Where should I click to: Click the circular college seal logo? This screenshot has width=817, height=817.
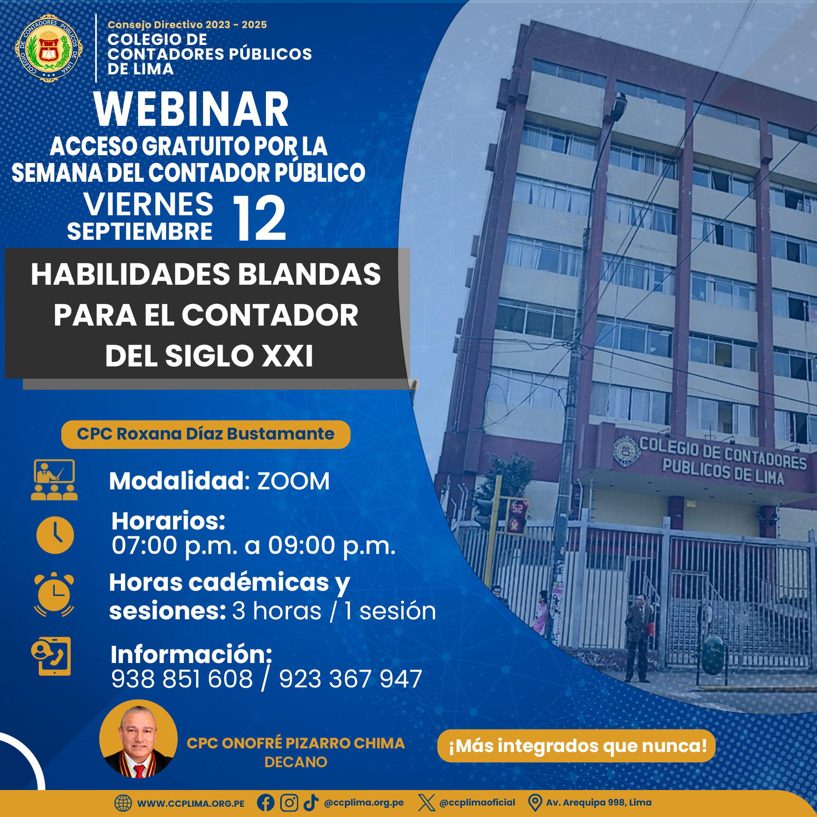click(x=49, y=48)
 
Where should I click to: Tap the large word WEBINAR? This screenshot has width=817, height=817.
click(x=191, y=109)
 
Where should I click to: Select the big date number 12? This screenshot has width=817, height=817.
click(x=260, y=218)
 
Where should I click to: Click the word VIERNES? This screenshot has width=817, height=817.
click(x=148, y=204)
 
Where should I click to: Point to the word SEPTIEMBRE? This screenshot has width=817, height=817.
click(x=140, y=232)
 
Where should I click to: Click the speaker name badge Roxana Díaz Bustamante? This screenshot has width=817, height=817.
click(x=205, y=434)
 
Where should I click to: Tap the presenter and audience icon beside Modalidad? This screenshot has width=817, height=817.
click(x=54, y=480)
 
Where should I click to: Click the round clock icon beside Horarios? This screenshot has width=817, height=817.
click(x=55, y=535)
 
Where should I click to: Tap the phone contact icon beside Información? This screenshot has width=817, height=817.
click(x=51, y=656)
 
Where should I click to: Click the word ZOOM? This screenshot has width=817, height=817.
click(x=293, y=481)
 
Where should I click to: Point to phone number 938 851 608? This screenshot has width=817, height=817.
click(x=182, y=679)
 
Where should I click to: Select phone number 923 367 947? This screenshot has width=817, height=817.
click(x=350, y=679)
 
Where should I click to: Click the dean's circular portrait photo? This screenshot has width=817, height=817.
click(x=138, y=739)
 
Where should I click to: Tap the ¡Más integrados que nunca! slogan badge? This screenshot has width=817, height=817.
click(x=576, y=746)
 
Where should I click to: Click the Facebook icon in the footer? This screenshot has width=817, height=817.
click(x=266, y=803)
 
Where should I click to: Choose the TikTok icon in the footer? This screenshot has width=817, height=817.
click(x=311, y=803)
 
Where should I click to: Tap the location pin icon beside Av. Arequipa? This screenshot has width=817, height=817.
click(x=535, y=803)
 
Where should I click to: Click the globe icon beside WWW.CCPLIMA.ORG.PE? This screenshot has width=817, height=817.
click(x=123, y=803)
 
